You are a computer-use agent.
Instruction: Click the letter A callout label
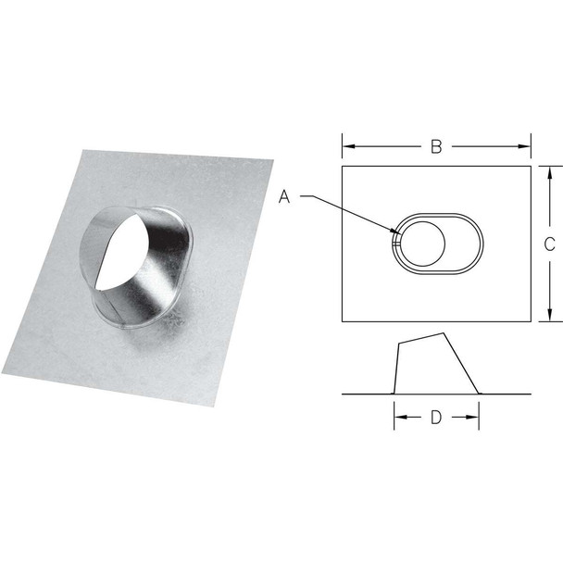286,196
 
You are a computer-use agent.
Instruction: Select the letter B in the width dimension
435,145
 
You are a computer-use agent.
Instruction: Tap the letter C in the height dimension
548,244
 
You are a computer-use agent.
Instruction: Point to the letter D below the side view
435,418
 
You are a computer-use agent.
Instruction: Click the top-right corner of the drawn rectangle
532,167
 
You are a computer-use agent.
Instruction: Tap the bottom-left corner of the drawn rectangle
342,321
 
